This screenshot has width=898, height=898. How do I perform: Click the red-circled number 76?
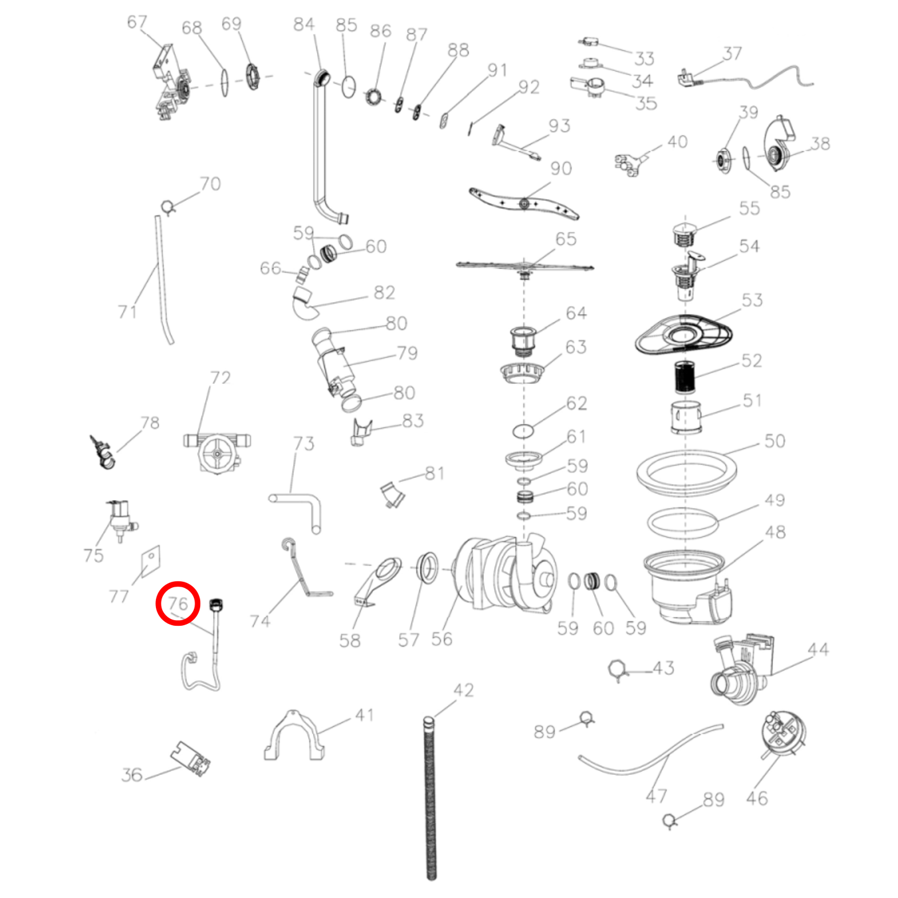(178, 603)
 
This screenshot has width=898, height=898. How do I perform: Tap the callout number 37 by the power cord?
(732, 54)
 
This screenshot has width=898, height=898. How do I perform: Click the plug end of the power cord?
(688, 77)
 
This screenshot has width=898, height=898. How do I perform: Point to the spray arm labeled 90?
(524, 203)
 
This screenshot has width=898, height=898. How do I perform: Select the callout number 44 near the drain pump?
(818, 650)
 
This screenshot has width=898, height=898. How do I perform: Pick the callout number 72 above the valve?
(220, 378)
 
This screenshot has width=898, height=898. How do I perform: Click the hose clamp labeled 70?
(168, 206)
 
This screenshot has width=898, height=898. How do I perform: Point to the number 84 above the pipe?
(304, 24)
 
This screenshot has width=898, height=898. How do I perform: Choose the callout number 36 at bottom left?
(132, 775)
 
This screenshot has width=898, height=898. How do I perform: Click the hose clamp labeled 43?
(618, 669)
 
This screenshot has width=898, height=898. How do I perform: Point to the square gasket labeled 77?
(149, 561)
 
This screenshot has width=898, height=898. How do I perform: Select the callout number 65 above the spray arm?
(566, 239)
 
